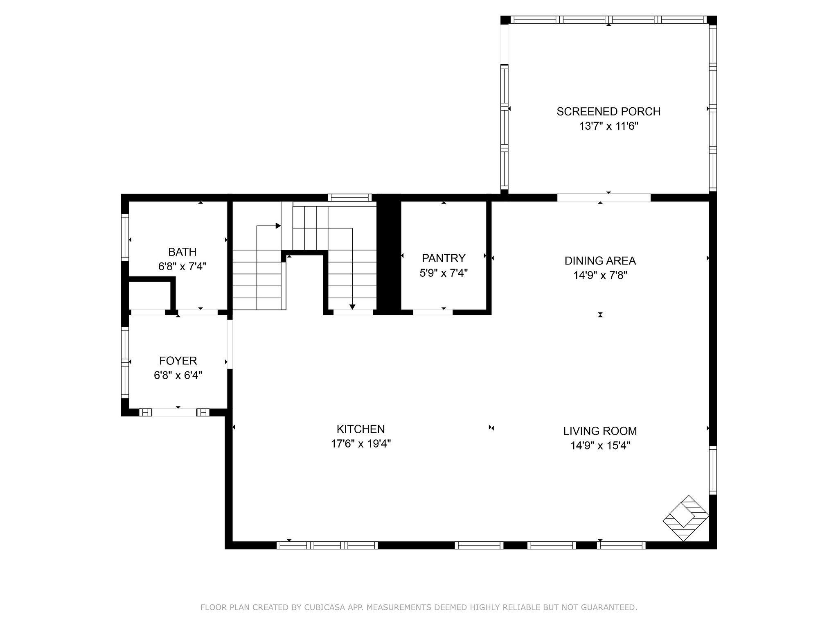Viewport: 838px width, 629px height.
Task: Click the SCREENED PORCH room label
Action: coord(608,111)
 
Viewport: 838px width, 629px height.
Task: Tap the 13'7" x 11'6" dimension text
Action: coord(609,126)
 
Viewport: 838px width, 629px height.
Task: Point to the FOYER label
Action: coord(178,361)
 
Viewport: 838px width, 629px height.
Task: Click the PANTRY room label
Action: coord(444,258)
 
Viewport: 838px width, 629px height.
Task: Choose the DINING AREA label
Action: coord(600,261)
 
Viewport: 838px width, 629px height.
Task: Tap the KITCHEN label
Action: coord(361,429)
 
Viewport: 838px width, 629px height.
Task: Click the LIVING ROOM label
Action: coord(600,431)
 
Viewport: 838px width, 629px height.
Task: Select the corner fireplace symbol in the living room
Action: coord(686,518)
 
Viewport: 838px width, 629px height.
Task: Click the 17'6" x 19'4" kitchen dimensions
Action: coord(361,444)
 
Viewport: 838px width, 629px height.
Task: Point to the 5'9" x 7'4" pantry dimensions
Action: coord(444,273)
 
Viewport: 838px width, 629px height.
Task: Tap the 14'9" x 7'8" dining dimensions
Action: coord(600,276)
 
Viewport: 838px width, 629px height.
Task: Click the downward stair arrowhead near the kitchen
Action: coord(352,307)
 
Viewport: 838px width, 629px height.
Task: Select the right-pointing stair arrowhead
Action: coord(278,226)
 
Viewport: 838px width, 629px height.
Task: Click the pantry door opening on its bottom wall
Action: coord(433,312)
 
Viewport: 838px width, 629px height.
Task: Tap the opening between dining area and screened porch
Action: coord(604,197)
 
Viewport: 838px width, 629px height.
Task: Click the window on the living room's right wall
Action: coord(713,470)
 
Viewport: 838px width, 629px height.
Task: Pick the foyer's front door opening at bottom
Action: coord(174,412)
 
